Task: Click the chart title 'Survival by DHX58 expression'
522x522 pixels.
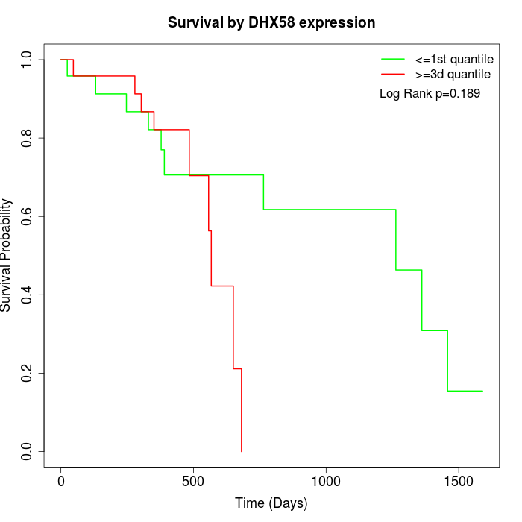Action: [271, 22]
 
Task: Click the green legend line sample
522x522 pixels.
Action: [393, 59]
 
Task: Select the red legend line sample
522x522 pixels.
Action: [393, 75]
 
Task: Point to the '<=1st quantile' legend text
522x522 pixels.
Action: [454, 59]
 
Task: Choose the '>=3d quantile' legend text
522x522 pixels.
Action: [453, 75]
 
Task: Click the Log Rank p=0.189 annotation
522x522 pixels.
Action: [430, 94]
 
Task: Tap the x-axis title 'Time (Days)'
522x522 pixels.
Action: [271, 503]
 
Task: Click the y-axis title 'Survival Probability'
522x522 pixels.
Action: [7, 255]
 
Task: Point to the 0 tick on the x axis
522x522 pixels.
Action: [61, 482]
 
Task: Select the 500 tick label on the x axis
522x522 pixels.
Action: [193, 482]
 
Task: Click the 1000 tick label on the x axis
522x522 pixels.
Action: [326, 482]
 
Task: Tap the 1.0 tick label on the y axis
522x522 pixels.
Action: [28, 60]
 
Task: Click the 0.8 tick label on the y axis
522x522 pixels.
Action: [28, 138]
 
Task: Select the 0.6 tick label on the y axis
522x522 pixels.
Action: [28, 216]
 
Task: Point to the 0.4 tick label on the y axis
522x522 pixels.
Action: [28, 295]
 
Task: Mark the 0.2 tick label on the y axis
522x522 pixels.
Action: [28, 373]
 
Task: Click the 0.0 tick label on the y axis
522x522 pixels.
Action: [28, 451]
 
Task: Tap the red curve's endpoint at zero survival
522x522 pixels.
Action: [242, 451]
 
